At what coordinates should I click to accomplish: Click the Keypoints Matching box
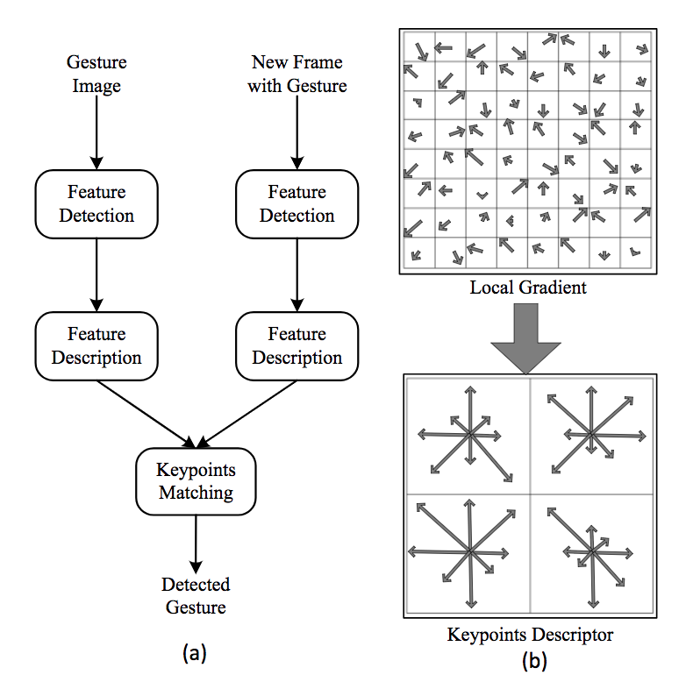click(196, 481)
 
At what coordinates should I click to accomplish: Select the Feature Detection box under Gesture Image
click(97, 203)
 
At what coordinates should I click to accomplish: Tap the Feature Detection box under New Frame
click(297, 203)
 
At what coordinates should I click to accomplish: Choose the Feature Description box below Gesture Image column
click(97, 345)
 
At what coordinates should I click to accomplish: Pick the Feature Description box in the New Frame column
click(297, 345)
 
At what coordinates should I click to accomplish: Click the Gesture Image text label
click(97, 74)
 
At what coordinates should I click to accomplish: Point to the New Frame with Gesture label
click(297, 74)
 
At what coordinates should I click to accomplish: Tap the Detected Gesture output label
click(196, 596)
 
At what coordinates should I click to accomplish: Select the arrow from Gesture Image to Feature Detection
click(97, 131)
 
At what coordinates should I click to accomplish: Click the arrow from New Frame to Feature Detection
click(297, 131)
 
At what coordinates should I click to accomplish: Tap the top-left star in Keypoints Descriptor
click(469, 434)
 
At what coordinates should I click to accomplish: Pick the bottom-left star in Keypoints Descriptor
click(469, 551)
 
